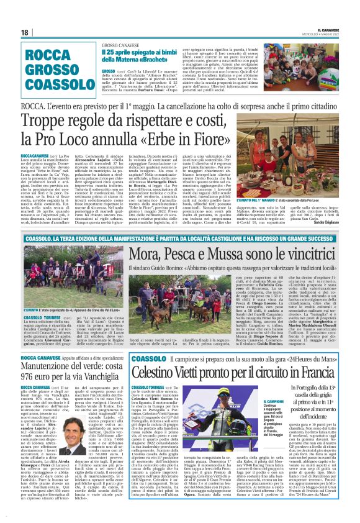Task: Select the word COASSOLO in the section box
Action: (x=52, y=81)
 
